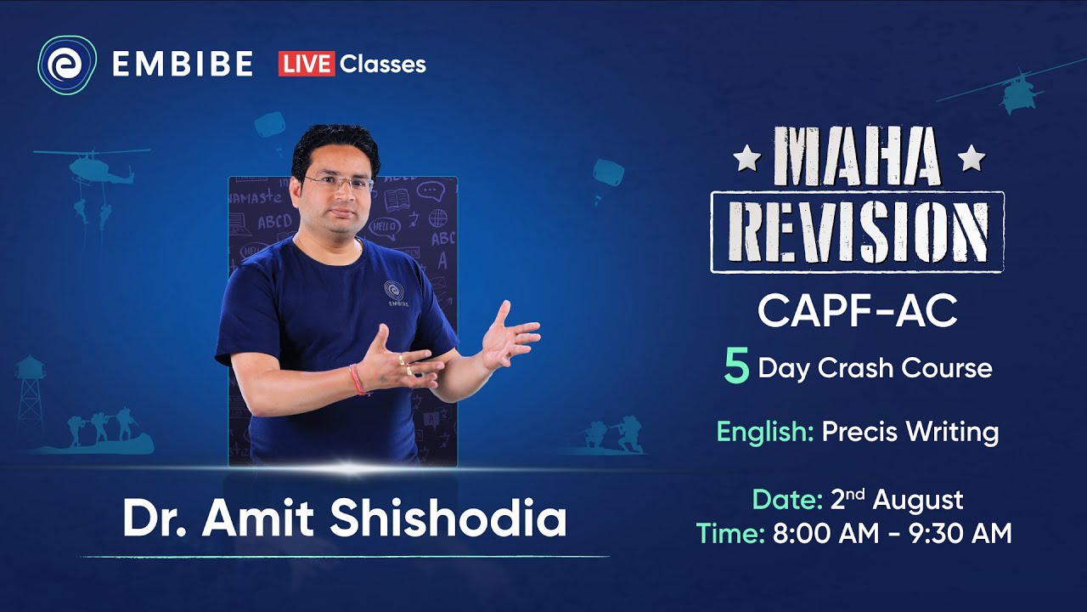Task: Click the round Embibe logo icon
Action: tap(67, 64)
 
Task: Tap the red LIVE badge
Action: tap(306, 64)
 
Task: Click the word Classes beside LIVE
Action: tap(382, 64)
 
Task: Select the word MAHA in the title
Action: tap(858, 159)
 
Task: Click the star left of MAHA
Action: tap(745, 159)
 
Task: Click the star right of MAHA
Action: tap(971, 159)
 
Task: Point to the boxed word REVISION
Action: tap(857, 232)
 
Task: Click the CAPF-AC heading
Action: tap(857, 312)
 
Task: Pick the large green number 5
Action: tap(736, 369)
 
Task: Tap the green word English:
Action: tap(765, 432)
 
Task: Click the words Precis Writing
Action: tap(910, 432)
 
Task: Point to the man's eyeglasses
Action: tap(338, 183)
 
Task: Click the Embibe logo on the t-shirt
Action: tap(393, 292)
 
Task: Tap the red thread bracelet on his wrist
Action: tap(358, 380)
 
